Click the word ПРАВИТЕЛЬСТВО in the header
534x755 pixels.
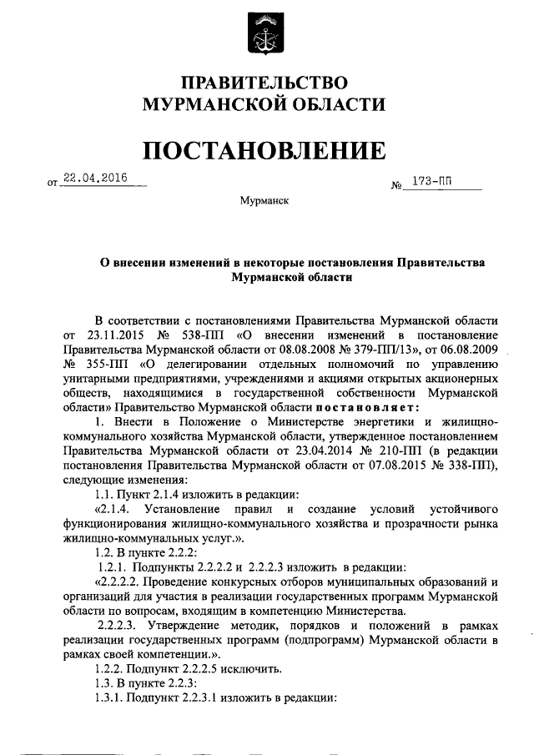pos(264,83)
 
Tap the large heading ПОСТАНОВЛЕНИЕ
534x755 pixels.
pos(265,150)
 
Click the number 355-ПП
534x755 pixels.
pos(110,364)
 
